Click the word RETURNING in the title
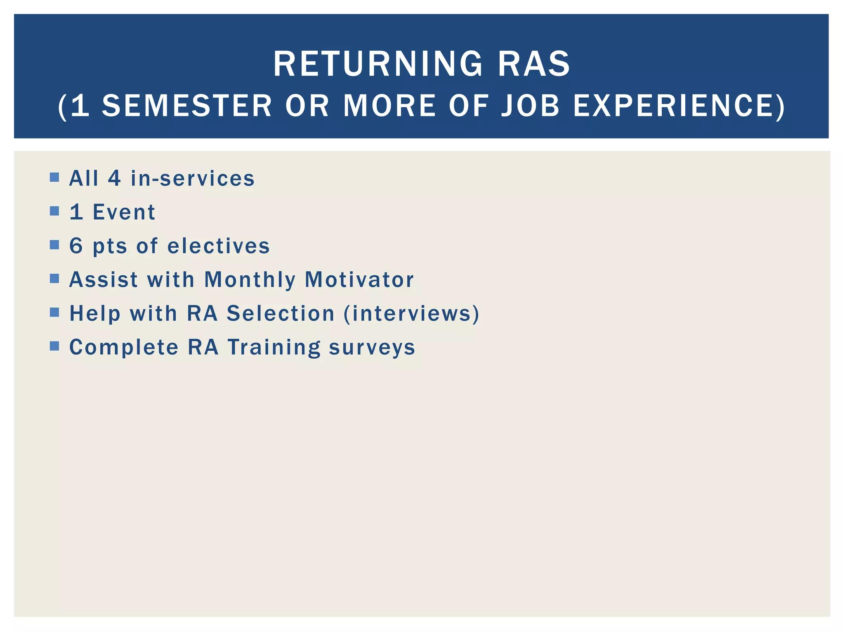[378, 64]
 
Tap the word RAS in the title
[534, 64]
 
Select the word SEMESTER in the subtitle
[186, 106]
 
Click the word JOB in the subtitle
[530, 106]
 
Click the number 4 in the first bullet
[114, 178]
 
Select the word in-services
[193, 178]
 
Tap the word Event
[124, 212]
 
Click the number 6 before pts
[76, 246]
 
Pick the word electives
[219, 246]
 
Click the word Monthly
[250, 280]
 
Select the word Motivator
[359, 280]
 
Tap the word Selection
[281, 313]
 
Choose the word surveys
[372, 348]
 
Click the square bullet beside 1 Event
[54, 211]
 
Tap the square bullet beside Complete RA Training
[54, 346]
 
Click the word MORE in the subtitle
[389, 106]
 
